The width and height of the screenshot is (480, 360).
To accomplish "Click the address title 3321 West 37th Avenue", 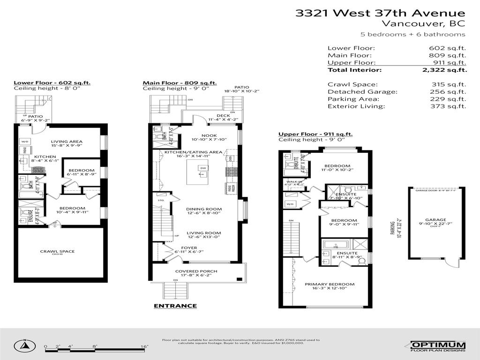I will (x=380, y=13).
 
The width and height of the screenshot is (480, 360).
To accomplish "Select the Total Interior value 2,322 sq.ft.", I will (x=444, y=70).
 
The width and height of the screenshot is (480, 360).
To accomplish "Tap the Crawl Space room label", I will (x=57, y=252).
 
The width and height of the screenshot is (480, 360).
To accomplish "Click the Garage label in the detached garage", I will (x=435, y=219).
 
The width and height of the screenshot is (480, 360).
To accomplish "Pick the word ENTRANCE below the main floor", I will (x=175, y=306).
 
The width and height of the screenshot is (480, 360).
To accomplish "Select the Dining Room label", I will (x=204, y=210).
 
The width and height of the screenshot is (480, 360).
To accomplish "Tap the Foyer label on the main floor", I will (x=189, y=248).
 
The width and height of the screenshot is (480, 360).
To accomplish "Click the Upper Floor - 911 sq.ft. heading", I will (x=315, y=134).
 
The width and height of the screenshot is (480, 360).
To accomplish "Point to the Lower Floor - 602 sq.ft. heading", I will (x=52, y=83).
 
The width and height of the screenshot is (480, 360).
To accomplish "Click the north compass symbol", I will (x=23, y=347).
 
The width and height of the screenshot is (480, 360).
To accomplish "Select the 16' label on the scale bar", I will (x=145, y=347).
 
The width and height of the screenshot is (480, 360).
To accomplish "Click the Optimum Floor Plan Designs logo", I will (x=438, y=346).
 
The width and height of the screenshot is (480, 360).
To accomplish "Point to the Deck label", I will (x=223, y=116).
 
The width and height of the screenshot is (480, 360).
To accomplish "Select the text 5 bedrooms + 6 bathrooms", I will (x=412, y=34).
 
